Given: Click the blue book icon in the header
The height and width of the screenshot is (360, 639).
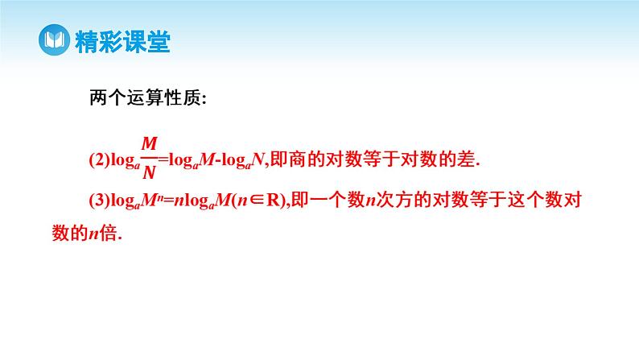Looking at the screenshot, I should click(x=54, y=40).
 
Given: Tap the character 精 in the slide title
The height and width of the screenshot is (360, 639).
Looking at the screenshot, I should click(x=86, y=40).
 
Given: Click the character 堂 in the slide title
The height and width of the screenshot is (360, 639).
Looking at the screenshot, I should click(x=159, y=40).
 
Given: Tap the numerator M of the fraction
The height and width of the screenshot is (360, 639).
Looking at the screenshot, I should click(x=149, y=143).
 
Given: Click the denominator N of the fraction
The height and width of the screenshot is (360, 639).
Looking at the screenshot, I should click(x=149, y=172).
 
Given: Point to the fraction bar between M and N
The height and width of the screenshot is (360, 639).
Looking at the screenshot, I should click(x=149, y=158).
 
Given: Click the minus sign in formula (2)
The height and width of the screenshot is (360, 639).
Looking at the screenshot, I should click(x=212, y=159).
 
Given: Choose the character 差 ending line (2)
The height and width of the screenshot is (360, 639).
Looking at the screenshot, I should click(x=465, y=159).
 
